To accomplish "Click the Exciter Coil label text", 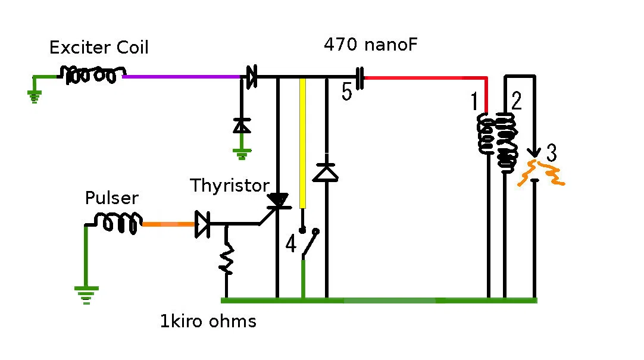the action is [x=99, y=48].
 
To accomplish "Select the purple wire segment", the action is [x=182, y=77].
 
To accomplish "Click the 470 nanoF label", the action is [x=370, y=45].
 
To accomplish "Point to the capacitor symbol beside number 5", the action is [x=359, y=78].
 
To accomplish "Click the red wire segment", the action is [x=427, y=78].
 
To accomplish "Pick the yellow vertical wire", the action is [x=303, y=143].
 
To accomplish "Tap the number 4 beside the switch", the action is [x=291, y=243].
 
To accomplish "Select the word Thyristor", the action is [x=230, y=186].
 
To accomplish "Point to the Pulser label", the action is [x=112, y=198].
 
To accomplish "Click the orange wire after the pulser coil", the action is [x=168, y=224].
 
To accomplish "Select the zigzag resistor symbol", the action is [x=226, y=258].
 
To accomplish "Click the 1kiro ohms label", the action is [x=208, y=321].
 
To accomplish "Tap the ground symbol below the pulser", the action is [x=86, y=295].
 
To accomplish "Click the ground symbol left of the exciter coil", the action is [x=35, y=97].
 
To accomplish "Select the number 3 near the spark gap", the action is [x=552, y=153].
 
